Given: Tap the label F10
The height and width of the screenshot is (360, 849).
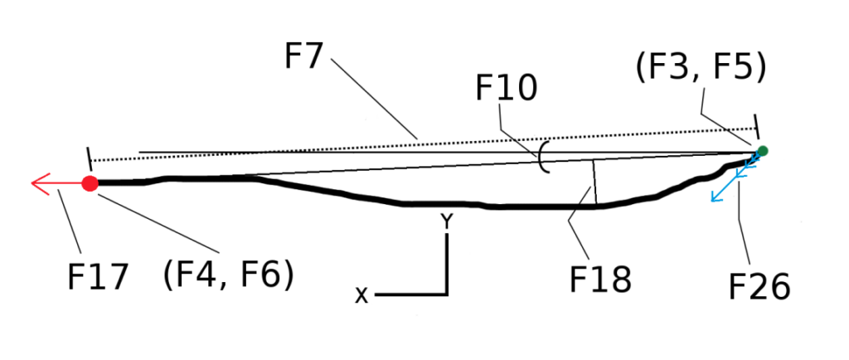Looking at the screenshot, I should pos(507,88).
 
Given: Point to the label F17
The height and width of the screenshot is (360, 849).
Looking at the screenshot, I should pos(98,277).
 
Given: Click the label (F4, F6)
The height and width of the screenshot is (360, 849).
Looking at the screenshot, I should pos(228,274).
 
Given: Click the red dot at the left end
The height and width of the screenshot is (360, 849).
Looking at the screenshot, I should pos(90,183).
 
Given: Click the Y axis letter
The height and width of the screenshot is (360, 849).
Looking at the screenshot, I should pos(447,221).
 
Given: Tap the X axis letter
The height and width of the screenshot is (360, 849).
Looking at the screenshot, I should pos(361,295).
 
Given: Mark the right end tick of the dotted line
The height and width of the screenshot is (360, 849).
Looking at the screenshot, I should pos(756,127).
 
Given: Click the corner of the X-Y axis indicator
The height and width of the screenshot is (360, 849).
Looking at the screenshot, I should pos(447,294).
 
